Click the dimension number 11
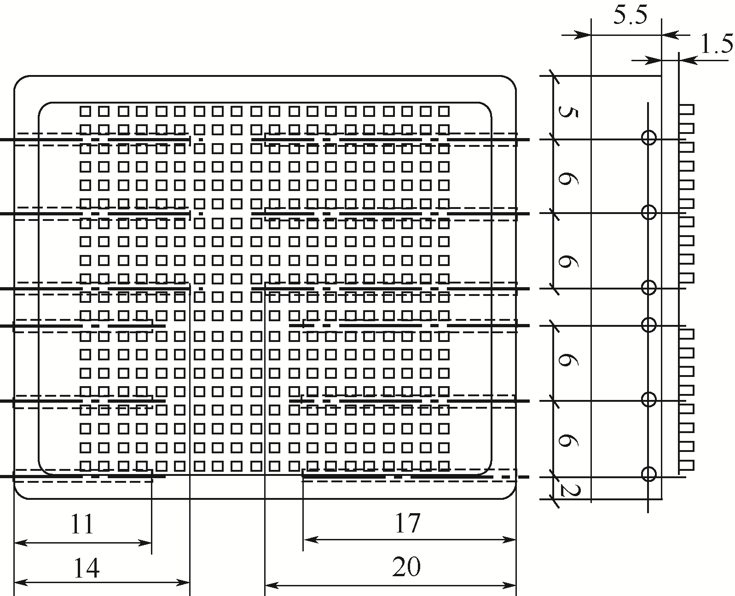[82, 524]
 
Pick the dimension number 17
[407, 523]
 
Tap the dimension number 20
[406, 567]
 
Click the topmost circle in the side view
[648, 137]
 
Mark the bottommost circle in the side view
[648, 474]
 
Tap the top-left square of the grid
[85, 111]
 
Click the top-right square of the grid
[444, 111]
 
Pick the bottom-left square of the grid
[85, 466]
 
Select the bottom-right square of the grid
[444, 466]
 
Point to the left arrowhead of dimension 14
[18, 583]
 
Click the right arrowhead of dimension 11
[147, 543]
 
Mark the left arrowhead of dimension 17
[307, 539]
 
